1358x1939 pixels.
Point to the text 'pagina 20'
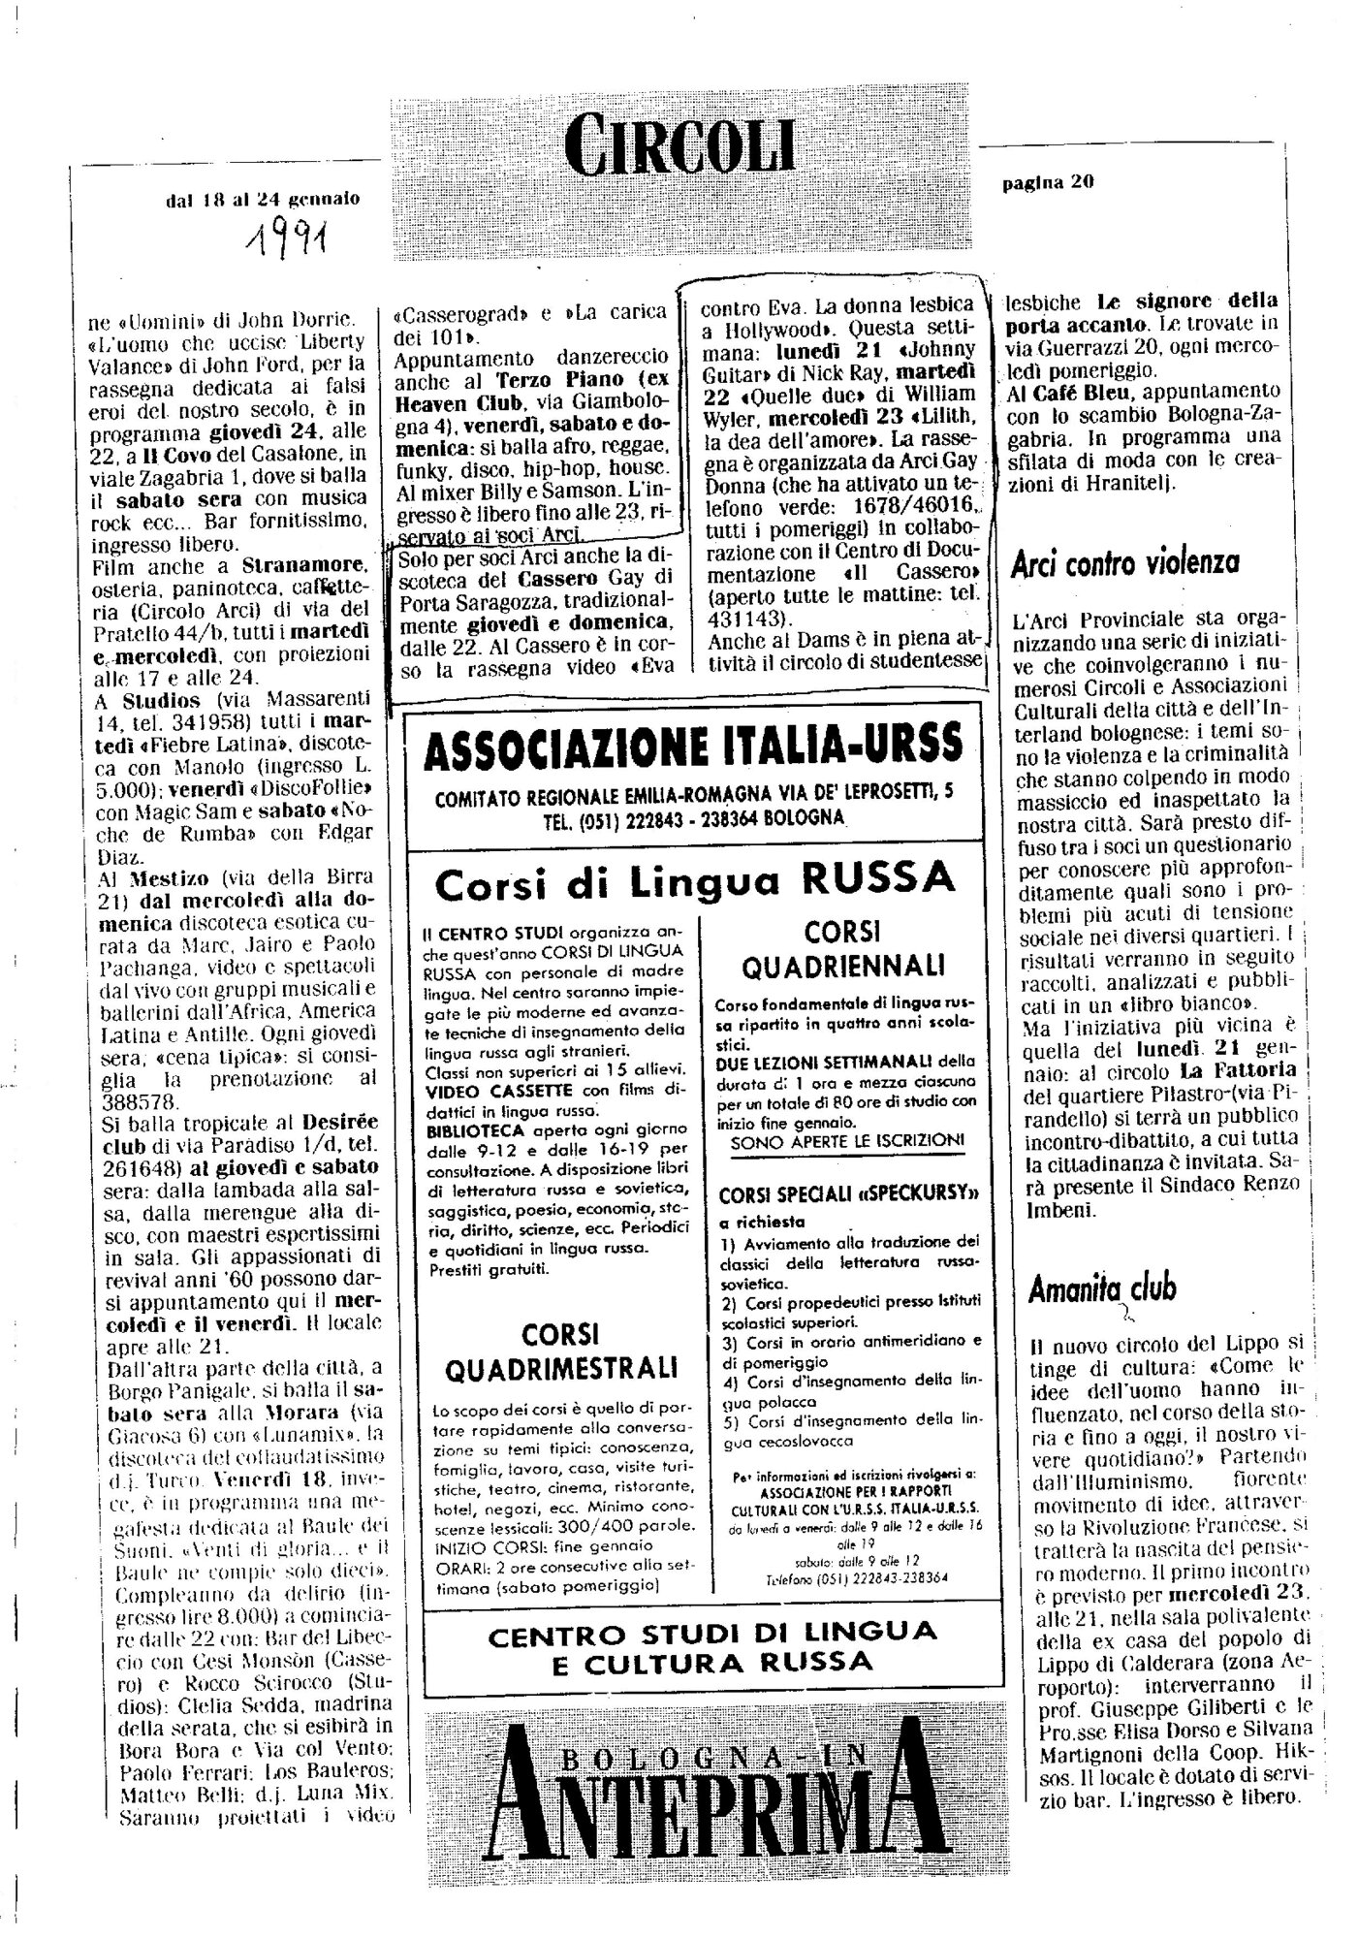click(x=1048, y=182)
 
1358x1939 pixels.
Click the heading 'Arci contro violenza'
click(x=1125, y=562)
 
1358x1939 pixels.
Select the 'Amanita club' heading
click(x=1102, y=1287)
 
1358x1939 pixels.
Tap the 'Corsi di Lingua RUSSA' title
click(x=694, y=881)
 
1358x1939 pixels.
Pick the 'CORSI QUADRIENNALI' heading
click(x=840, y=949)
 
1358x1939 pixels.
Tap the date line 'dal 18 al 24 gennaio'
click(x=263, y=199)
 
